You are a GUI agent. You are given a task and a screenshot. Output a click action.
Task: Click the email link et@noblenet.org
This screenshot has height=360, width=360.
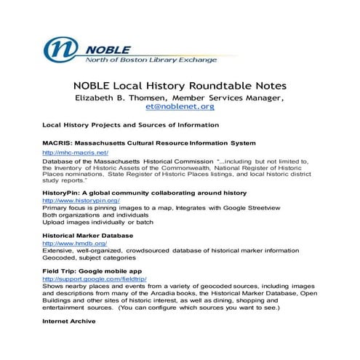tap(180, 106)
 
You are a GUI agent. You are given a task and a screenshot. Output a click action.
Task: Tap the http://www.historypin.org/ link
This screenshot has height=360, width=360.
tap(81, 200)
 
